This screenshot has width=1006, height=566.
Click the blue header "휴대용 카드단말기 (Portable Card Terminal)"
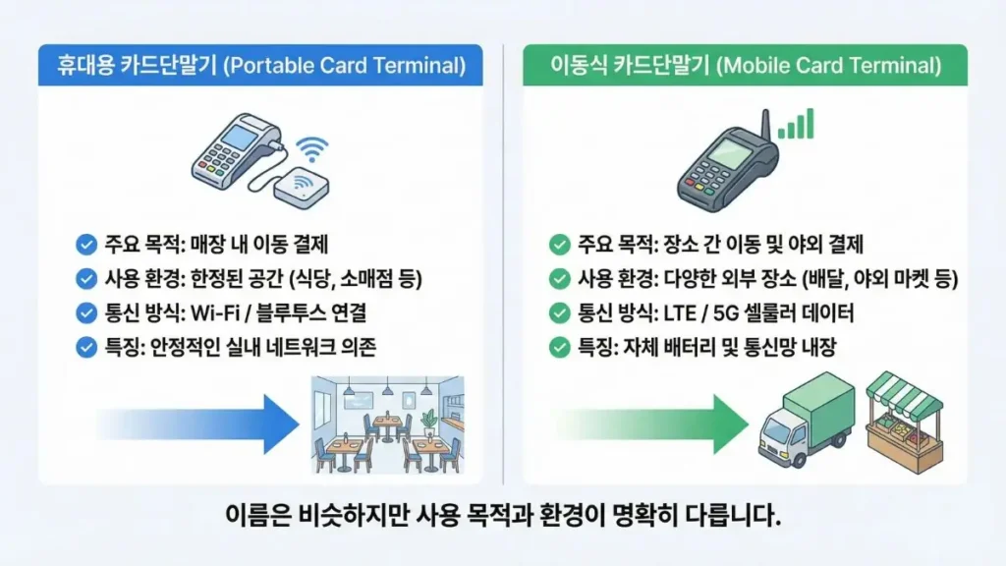[x=260, y=67]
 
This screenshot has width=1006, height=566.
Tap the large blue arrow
[x=196, y=424]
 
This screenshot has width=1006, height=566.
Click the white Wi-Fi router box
[x=302, y=187]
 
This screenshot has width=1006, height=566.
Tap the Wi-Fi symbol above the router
[x=312, y=148]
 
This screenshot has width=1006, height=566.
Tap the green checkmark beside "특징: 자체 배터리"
[x=559, y=347]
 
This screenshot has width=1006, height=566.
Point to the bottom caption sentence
[x=503, y=515]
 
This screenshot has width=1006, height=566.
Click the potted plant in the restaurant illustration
[x=428, y=421]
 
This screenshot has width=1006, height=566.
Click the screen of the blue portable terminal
[x=239, y=137]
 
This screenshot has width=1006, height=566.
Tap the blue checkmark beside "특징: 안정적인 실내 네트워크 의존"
[x=85, y=347]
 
